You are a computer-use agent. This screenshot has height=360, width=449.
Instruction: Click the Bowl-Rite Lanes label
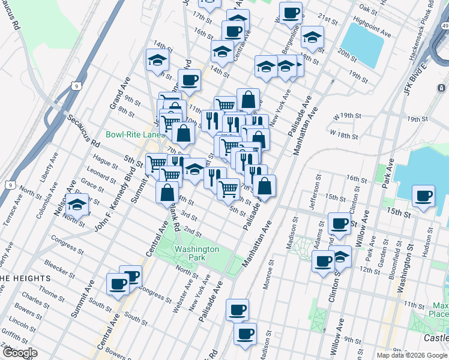coord(135,134)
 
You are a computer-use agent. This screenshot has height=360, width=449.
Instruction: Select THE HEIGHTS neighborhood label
coord(24,278)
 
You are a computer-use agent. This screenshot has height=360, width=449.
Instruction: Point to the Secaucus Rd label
coord(83,132)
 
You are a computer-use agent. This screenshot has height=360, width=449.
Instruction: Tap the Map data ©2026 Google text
coord(412,355)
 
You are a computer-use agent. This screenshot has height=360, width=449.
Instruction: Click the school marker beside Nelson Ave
coord(77,205)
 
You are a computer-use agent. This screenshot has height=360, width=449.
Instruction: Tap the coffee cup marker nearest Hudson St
coord(424,195)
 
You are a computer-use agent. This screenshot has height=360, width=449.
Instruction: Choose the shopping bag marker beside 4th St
coord(167,192)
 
